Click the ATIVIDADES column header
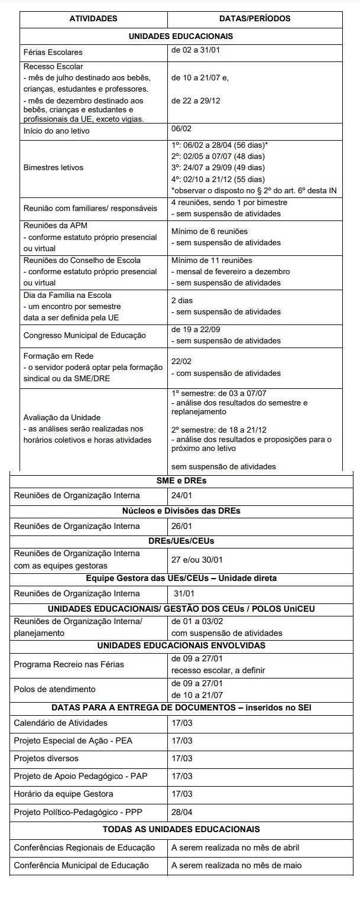[93, 19]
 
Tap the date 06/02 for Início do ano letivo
[181, 128]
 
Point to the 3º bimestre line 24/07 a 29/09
[218, 168]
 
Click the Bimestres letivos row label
[53, 167]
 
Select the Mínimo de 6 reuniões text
[209, 231]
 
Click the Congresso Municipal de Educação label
[85, 335]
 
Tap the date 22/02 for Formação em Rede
[181, 362]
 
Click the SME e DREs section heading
[181, 481]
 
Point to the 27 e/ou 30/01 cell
[197, 560]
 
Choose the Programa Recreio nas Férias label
[69, 664]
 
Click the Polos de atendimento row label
[54, 689]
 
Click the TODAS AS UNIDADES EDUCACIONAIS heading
[181, 829]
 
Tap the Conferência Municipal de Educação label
[81, 866]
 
